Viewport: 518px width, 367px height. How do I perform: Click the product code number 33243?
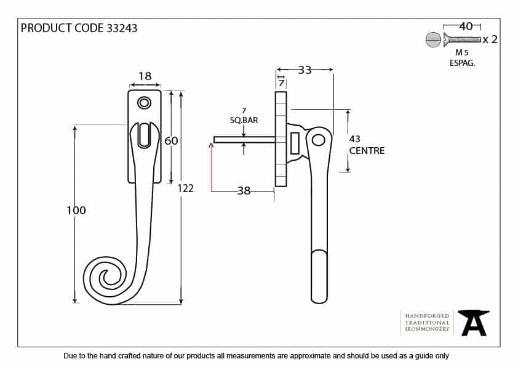point(122,28)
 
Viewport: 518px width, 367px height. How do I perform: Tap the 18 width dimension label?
point(145,76)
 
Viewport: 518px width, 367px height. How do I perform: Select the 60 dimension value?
point(171,141)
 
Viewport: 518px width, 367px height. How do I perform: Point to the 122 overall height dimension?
point(185,188)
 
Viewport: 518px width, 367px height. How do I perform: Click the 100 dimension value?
point(76,211)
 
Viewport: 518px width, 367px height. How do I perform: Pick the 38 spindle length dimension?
point(244,191)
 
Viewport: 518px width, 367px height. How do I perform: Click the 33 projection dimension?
point(305,70)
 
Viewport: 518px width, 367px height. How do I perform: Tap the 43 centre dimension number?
point(354,140)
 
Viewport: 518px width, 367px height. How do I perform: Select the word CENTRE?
point(367,151)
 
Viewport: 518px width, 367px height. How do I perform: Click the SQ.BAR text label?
point(244,121)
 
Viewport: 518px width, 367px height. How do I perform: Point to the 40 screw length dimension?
point(466,26)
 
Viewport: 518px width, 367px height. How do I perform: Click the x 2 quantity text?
point(490,39)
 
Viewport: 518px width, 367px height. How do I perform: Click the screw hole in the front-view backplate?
point(145,103)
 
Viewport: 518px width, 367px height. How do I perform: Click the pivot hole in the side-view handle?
point(318,140)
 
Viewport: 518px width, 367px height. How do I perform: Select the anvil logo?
point(474,323)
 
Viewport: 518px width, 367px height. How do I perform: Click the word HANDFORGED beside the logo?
point(428,315)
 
